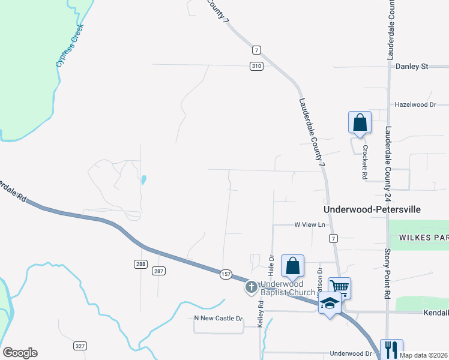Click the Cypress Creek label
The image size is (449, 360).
pyautogui.click(x=68, y=46)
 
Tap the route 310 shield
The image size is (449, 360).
pyautogui.click(x=256, y=66)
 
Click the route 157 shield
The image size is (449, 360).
pyautogui.click(x=226, y=274)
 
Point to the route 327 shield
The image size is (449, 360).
pyautogui.click(x=80, y=346)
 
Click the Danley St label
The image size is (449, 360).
pyautogui.click(x=411, y=66)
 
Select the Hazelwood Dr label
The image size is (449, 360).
pyautogui.click(x=415, y=104)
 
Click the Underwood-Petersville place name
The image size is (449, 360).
pyautogui.click(x=372, y=209)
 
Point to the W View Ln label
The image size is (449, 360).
pyautogui.click(x=309, y=224)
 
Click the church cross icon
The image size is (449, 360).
pyautogui.click(x=251, y=288)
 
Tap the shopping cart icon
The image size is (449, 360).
pyautogui.click(x=339, y=287)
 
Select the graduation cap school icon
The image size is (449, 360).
pyautogui.click(x=329, y=304)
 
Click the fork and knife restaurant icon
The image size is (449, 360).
pyautogui.click(x=391, y=349)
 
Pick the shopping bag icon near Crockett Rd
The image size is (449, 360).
pyautogui.click(x=360, y=122)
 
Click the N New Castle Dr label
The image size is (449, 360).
pyautogui.click(x=218, y=318)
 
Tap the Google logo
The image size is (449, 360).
pyautogui.click(x=20, y=353)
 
